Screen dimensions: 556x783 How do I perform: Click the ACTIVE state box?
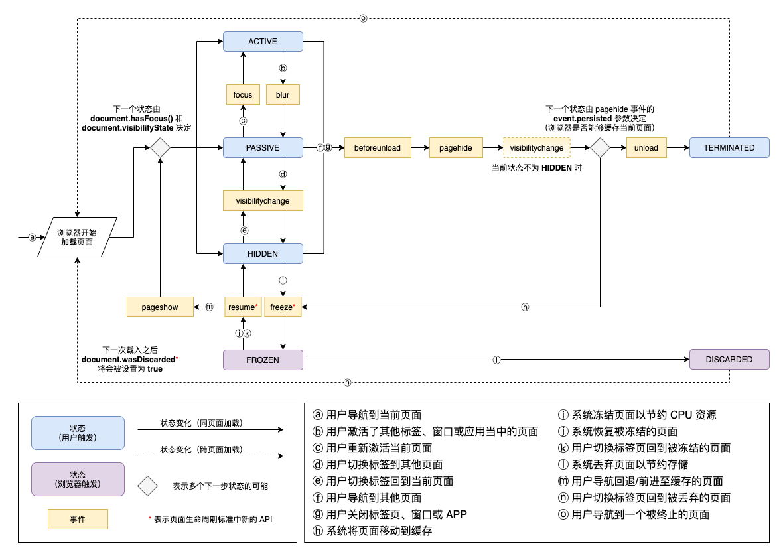(x=263, y=42)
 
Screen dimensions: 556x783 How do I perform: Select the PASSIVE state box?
(x=263, y=148)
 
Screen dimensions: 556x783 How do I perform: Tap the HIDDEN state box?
(x=263, y=253)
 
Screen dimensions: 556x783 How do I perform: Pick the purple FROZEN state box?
(x=263, y=360)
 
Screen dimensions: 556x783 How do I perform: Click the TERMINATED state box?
(x=729, y=148)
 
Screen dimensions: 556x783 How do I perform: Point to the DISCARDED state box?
(x=729, y=360)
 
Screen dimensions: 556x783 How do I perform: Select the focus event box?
(x=243, y=95)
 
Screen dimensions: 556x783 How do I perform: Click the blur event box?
(x=283, y=95)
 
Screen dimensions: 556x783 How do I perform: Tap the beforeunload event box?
(x=378, y=148)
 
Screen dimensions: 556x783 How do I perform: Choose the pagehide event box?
(x=456, y=148)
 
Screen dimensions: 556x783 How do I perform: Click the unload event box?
(x=646, y=148)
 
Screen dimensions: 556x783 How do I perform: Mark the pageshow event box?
(x=160, y=307)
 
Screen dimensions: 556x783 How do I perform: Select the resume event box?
(x=243, y=307)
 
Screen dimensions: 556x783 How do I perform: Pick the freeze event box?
(x=283, y=307)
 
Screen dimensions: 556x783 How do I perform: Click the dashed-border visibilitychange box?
(x=537, y=148)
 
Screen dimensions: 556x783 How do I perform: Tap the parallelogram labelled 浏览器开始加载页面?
(x=79, y=237)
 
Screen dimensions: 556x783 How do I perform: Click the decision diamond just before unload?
(x=600, y=148)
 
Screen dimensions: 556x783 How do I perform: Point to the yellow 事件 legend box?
(x=78, y=519)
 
